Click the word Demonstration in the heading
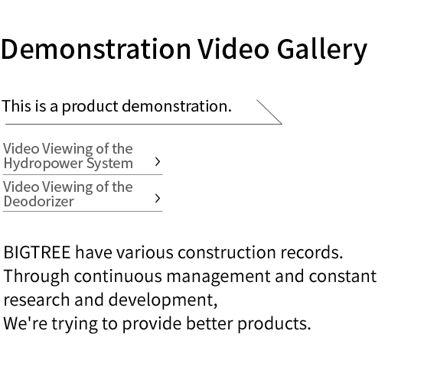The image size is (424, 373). click(96, 49)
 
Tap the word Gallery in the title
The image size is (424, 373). click(322, 51)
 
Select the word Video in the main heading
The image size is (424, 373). click(233, 49)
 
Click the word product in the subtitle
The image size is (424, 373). click(90, 106)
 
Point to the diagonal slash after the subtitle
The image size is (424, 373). click(269, 112)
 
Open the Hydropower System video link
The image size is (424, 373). click(68, 156)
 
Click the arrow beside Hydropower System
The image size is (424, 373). click(158, 162)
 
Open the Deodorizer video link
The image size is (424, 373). click(68, 194)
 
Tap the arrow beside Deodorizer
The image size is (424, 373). click(158, 199)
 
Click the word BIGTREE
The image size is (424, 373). click(37, 252)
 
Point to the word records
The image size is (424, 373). click(311, 252)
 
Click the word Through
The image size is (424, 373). click(37, 277)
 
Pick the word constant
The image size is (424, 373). click(343, 276)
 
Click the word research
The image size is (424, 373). click(37, 300)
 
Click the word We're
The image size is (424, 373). click(25, 323)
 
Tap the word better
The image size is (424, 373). click(209, 323)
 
